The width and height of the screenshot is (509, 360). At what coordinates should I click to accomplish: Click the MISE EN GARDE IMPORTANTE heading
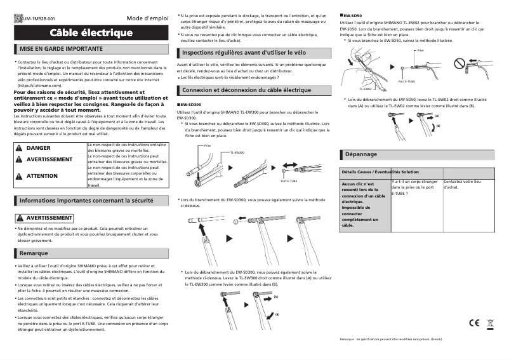click(x=61, y=49)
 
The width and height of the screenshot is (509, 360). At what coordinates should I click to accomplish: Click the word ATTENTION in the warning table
click(x=42, y=176)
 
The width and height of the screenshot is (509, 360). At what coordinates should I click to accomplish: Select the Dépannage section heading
click(x=359, y=154)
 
